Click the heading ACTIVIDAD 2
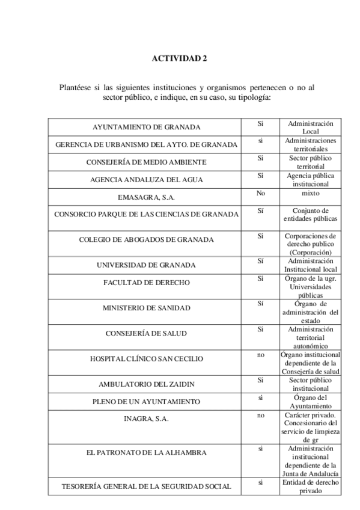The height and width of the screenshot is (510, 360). coord(179,58)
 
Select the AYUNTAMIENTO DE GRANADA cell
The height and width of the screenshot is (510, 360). coord(146,127)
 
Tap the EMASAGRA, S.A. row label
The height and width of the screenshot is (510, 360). coord(146,197)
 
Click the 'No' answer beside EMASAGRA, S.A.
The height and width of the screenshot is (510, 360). coord(261,194)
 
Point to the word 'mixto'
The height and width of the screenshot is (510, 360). coord(311,194)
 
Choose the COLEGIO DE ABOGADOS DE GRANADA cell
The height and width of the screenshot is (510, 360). coord(146,239)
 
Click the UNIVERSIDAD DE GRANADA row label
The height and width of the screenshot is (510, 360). coord(146,265)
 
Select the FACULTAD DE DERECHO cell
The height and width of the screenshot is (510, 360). coord(146,282)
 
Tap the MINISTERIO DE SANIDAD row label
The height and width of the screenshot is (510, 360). coord(146,308)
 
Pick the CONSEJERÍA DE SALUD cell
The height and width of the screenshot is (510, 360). coord(146,333)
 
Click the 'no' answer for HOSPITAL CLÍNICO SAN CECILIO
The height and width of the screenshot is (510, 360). coord(261,355)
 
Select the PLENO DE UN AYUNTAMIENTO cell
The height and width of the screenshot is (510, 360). coord(146,401)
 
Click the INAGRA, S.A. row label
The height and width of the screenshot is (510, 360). coord(146,419)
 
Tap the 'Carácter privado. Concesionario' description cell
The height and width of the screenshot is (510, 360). coord(311,428)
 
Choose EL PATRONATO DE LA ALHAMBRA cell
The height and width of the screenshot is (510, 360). coord(146,452)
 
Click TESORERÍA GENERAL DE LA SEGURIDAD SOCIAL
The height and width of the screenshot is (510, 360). coord(146,487)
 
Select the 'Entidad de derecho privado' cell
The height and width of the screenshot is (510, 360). coord(311,487)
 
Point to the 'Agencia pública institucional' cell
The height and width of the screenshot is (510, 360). coord(311,179)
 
